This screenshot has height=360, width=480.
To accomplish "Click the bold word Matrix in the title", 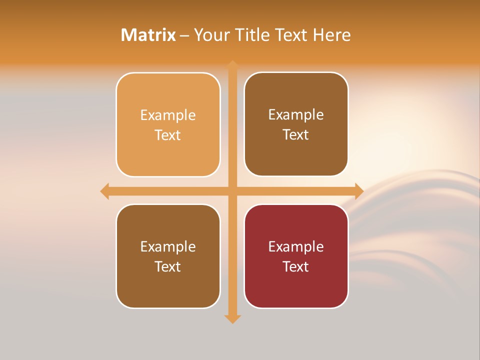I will coord(148,35).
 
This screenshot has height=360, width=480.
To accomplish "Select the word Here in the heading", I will coord(331,35).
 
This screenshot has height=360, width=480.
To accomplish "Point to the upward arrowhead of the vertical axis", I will coord(232,65).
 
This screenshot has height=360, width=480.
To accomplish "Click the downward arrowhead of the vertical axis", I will coord(232,318).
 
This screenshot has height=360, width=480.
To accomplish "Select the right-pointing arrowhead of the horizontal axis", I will coord(358,191).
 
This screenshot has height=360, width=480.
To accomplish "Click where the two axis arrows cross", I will coord(232,191).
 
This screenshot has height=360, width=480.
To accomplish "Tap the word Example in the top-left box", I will coord(168,115).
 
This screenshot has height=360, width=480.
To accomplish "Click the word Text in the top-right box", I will coord(296,135).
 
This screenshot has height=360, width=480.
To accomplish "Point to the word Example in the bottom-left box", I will coord(168,247).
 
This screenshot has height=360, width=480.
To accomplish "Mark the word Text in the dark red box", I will coord(296,267).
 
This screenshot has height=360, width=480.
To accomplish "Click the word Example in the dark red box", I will coord(296,247).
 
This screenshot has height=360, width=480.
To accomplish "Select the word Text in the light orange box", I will coord(168,135).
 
